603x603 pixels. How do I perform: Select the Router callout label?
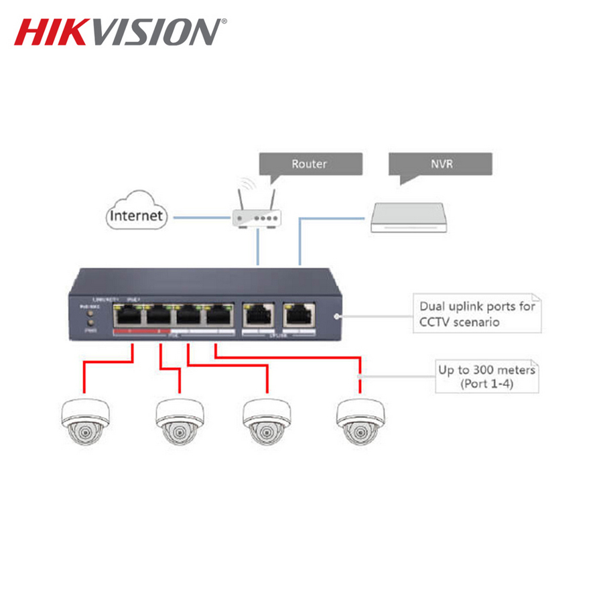coord(309,163)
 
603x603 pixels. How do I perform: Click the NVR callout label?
coord(440,163)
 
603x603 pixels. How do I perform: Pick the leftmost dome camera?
coord(85,421)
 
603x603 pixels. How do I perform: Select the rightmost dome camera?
coord(361,421)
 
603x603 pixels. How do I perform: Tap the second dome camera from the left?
coord(180,421)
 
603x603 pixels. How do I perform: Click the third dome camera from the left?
coord(267,421)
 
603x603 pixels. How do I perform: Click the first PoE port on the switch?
coord(127,314)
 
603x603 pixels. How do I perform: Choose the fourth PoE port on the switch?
coord(218,314)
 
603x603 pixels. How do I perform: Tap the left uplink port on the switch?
coord(259,314)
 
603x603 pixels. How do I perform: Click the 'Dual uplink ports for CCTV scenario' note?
coord(476,314)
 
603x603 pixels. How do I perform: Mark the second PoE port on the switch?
coord(158,314)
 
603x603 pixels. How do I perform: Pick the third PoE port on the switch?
coord(188,314)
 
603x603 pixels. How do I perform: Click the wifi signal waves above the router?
coord(249,184)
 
